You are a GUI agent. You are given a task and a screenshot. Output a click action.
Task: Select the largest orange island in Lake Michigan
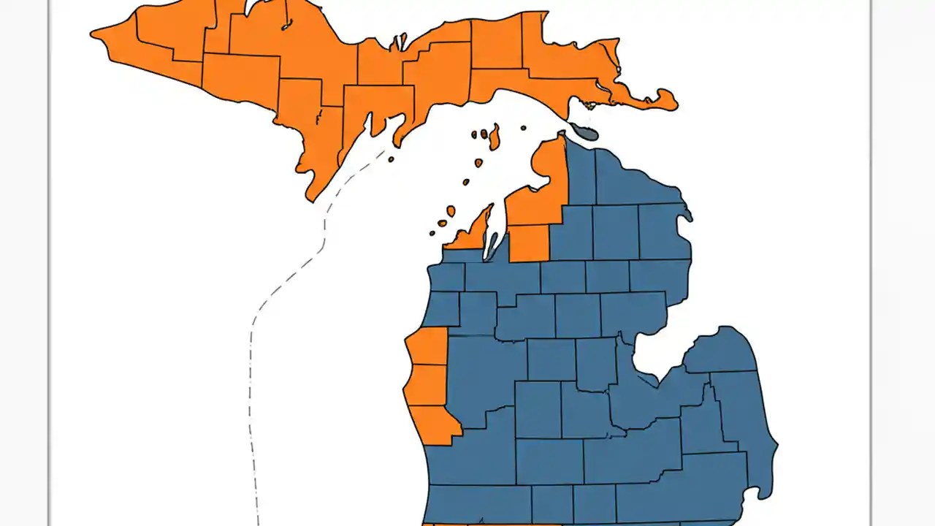pos(495,137)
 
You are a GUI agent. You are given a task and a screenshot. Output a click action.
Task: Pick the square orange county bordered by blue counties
pos(529,243)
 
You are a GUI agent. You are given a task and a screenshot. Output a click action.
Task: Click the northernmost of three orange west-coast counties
pos(430,346)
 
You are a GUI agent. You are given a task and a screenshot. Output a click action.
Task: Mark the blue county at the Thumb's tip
pos(723,351)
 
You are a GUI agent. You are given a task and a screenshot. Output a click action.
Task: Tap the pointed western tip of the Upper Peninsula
pos(93,34)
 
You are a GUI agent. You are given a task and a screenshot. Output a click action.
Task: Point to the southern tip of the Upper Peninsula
pos(311,196)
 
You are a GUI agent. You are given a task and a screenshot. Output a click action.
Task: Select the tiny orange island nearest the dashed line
pos(392,159)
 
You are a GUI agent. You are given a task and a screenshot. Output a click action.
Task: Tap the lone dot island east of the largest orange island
pos(524,129)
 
